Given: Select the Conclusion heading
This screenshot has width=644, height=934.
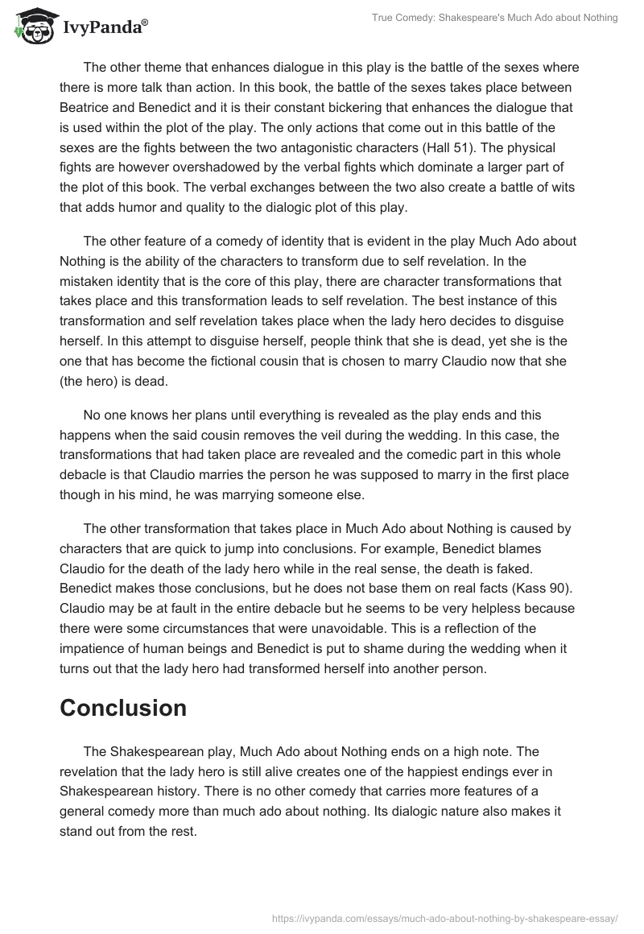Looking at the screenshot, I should click(x=123, y=708).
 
